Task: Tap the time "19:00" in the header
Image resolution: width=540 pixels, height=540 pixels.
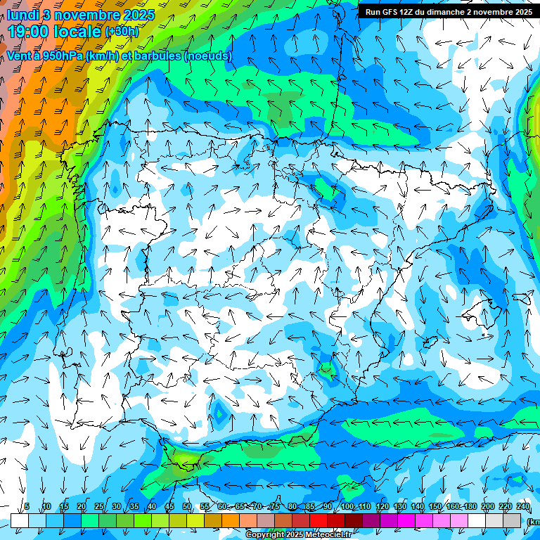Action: point(30,32)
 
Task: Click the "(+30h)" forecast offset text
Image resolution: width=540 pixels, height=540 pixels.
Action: point(122,32)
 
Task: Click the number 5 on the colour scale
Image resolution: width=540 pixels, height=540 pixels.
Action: point(27,506)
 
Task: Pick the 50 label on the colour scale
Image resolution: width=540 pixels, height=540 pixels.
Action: point(187,506)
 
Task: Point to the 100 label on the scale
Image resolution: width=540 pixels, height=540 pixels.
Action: point(347,506)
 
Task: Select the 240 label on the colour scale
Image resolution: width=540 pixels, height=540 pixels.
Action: point(523,506)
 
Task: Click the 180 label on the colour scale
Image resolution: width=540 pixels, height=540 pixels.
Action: point(470,506)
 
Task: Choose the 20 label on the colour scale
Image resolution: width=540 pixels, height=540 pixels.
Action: point(82,506)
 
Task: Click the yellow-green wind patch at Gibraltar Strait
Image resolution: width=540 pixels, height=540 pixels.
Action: point(185,460)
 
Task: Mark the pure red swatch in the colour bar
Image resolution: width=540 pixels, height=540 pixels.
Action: point(319,520)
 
